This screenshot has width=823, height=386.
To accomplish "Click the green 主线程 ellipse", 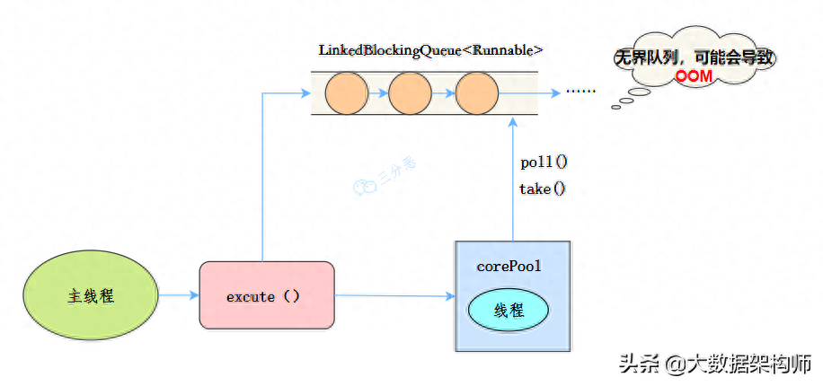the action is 91,296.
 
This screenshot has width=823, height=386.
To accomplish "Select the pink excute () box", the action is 267,296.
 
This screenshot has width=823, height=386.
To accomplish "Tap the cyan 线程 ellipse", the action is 508,310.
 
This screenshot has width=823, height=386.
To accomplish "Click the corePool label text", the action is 509,266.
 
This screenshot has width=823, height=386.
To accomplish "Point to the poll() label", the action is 544,162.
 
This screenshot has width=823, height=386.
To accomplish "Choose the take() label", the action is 543,189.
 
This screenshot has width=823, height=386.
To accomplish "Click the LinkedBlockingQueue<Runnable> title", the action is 430,51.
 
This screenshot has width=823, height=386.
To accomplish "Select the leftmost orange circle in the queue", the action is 347,92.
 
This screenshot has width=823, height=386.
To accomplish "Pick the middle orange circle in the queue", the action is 411,92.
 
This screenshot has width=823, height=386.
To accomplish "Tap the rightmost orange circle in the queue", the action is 476,92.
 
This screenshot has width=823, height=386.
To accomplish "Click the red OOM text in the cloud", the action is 694,76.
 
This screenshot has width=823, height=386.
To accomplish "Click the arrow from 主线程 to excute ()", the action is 179,296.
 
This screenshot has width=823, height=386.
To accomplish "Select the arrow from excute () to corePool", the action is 395,296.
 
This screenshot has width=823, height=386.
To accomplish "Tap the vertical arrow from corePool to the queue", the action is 513,179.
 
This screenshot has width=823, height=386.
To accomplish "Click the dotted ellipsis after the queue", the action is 581,92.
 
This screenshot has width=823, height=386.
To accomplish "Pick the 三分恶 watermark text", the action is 397,171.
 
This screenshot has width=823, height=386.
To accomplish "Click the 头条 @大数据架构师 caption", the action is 715,364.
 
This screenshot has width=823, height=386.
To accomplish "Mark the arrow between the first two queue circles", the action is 378,93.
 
